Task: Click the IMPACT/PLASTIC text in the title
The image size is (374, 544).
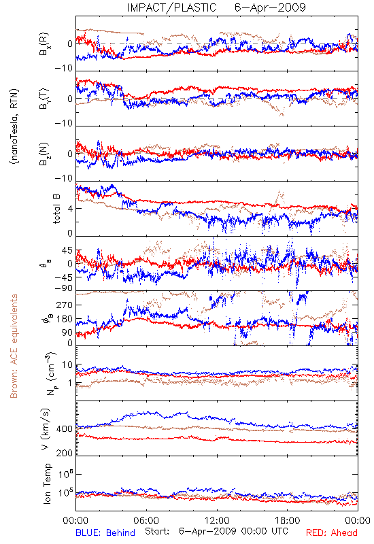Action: [x=171, y=7]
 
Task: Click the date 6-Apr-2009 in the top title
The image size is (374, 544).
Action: [x=270, y=7]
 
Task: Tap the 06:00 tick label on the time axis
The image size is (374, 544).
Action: [x=146, y=520]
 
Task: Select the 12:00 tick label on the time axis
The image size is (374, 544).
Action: [x=217, y=520]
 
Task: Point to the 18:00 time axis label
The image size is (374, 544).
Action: [x=288, y=520]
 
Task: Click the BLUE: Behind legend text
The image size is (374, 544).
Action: [x=105, y=532]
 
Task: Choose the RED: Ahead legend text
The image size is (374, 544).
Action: [x=331, y=532]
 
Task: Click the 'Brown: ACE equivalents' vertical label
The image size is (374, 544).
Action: [x=14, y=346]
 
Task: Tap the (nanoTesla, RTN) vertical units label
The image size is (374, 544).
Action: [x=14, y=126]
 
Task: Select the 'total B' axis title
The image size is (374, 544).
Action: [x=56, y=209]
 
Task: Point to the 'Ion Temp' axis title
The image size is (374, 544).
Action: [x=47, y=483]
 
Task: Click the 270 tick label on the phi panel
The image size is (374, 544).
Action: [x=65, y=305]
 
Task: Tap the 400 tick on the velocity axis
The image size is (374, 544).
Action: [x=65, y=429]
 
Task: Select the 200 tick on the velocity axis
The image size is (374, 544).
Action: [x=65, y=453]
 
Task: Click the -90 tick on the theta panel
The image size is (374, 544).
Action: [x=64, y=288]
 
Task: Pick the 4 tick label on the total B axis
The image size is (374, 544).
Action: [x=70, y=209]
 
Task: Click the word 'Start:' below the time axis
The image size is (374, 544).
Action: [x=157, y=531]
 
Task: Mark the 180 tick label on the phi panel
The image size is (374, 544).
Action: [x=65, y=319]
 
